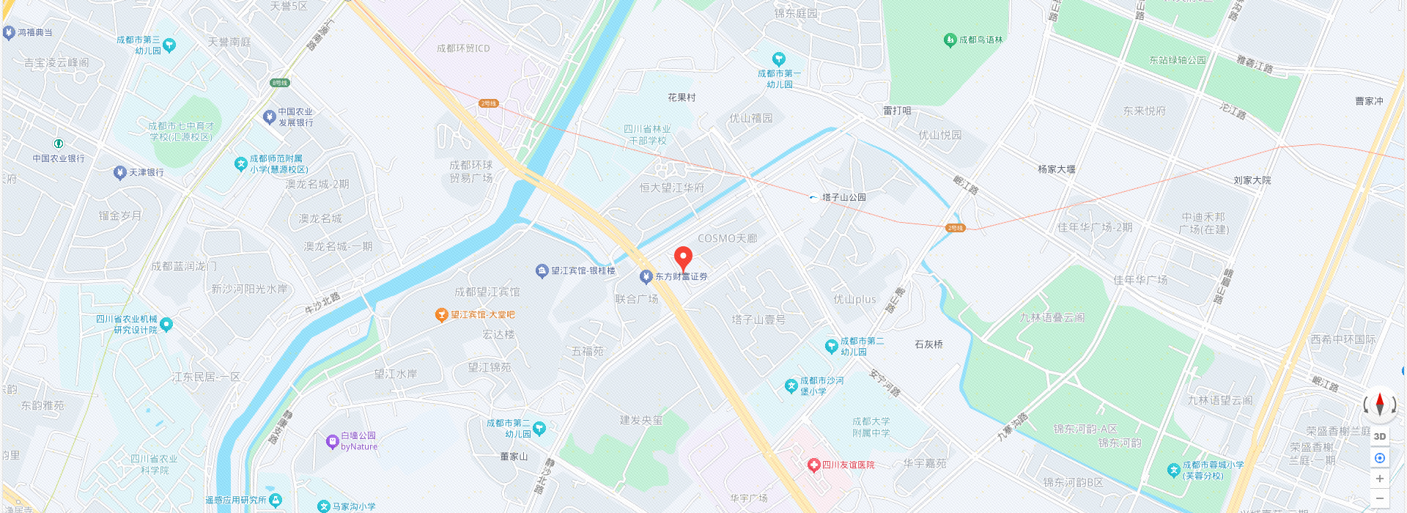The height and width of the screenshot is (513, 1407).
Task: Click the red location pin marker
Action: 683,258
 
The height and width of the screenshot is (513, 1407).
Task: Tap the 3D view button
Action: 1380,436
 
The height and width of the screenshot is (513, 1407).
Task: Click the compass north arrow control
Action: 1380,404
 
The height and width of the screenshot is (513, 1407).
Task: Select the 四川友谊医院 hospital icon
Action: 813,465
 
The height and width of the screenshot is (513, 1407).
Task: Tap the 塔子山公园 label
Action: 843,197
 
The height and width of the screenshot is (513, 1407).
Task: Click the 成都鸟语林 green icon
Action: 950,40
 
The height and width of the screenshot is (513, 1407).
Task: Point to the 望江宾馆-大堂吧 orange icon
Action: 441,315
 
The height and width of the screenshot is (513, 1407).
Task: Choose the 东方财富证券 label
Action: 681,277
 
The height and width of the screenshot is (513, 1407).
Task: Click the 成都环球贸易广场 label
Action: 471,171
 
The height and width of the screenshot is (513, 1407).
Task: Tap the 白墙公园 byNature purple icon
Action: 332,441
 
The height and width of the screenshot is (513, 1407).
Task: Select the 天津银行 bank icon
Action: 120,173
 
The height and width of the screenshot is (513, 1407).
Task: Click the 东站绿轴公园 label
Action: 1177,60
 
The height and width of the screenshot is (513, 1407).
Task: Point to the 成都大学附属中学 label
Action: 871,427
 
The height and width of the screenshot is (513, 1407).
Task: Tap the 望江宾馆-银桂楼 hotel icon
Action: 542,271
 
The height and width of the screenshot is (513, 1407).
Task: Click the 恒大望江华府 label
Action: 671,188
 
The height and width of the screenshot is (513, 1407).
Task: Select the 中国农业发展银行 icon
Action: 270,117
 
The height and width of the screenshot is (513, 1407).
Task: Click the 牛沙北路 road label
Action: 322,303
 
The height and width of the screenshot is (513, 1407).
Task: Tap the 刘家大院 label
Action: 1252,180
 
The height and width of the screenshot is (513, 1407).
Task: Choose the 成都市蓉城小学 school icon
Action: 1173,470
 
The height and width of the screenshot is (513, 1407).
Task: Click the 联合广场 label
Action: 636,299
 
